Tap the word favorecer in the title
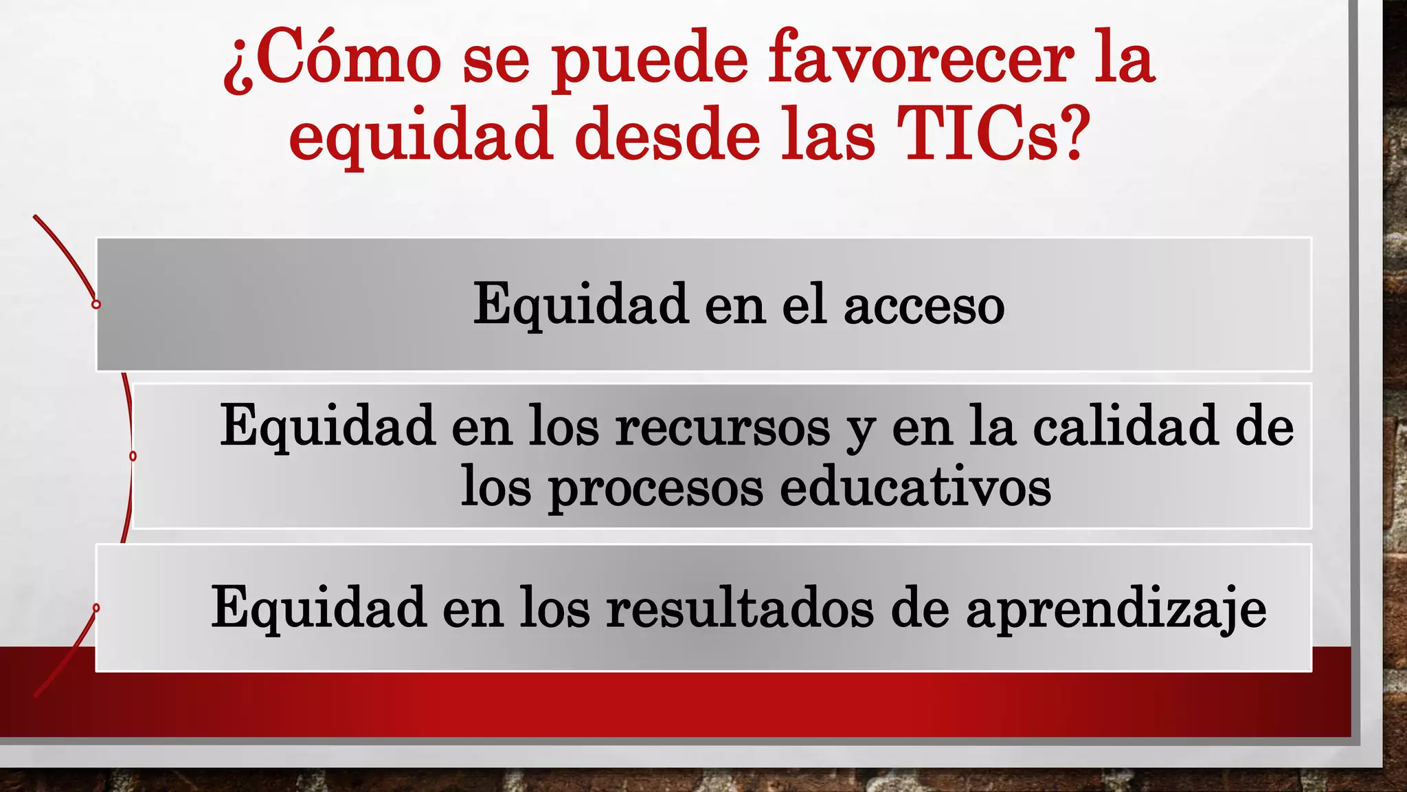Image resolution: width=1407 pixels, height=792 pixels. [x=921, y=58]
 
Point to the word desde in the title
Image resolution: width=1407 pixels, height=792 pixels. [x=667, y=135]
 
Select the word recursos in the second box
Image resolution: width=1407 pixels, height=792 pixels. [x=722, y=427]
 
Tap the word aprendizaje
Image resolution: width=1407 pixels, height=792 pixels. [x=1116, y=608]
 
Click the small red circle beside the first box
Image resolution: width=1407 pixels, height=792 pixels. [x=96, y=304]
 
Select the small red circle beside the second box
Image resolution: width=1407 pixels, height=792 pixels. [x=133, y=456]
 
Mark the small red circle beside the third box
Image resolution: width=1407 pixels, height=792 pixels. [x=96, y=608]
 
